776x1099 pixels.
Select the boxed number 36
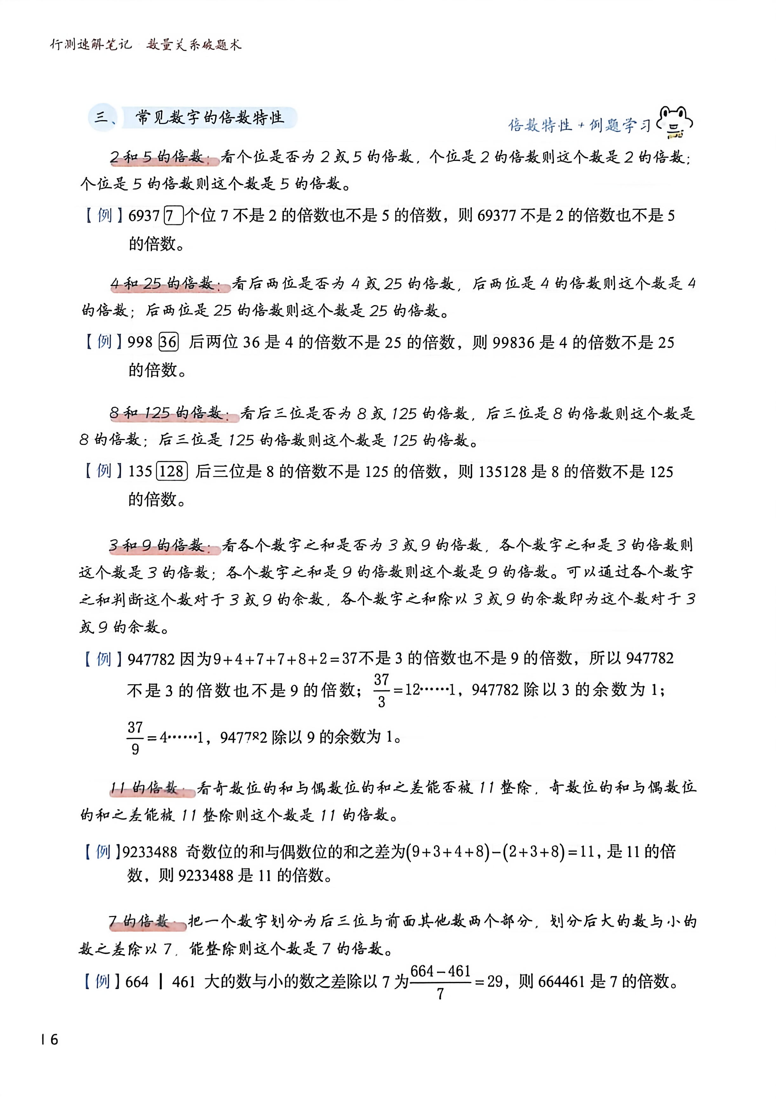[169, 342]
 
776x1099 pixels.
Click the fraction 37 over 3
[381, 690]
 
